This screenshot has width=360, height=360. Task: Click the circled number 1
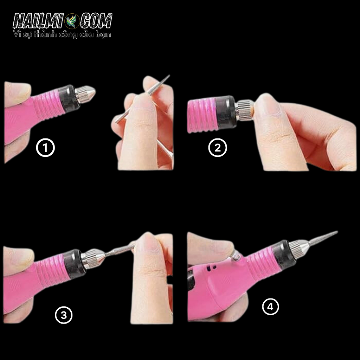pyautogui.click(x=45, y=148)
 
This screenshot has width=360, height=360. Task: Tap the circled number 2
pyautogui.click(x=218, y=148)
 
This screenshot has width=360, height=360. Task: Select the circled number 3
pyautogui.click(x=64, y=315)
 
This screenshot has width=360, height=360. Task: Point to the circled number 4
pyautogui.click(x=271, y=307)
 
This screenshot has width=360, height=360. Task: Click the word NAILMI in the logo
pyautogui.click(x=38, y=21)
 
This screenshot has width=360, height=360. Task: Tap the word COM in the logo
pyautogui.click(x=96, y=21)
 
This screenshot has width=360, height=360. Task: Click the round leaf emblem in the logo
pyautogui.click(x=72, y=21)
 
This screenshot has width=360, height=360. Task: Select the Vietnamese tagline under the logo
pyautogui.click(x=62, y=34)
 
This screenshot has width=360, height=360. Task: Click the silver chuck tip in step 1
pyautogui.click(x=85, y=94)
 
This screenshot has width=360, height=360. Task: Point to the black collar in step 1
pyautogui.click(x=69, y=99)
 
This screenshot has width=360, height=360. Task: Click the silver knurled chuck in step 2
pyautogui.click(x=244, y=110)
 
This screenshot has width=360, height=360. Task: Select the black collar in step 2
pyautogui.click(x=225, y=112)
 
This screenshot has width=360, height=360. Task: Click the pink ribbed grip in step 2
pyautogui.click(x=202, y=115)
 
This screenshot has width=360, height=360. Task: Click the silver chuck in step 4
pyautogui.click(x=298, y=249)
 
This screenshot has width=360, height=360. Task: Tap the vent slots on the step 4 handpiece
pyautogui.click(x=211, y=268)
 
